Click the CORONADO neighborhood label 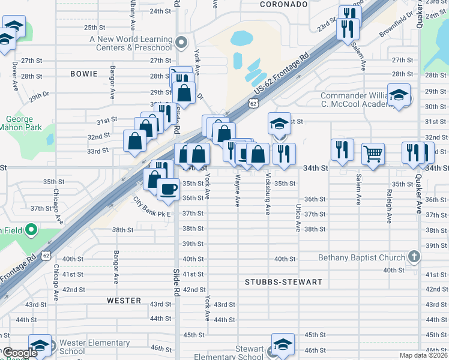[x=284, y=4]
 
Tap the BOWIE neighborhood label [x=83, y=74]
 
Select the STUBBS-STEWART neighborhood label [x=283, y=281]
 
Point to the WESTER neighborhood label [x=124, y=300]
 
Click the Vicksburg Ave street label [x=268, y=194]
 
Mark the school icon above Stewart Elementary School [x=283, y=344]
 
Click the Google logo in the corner [x=20, y=353]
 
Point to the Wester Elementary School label [x=94, y=347]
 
